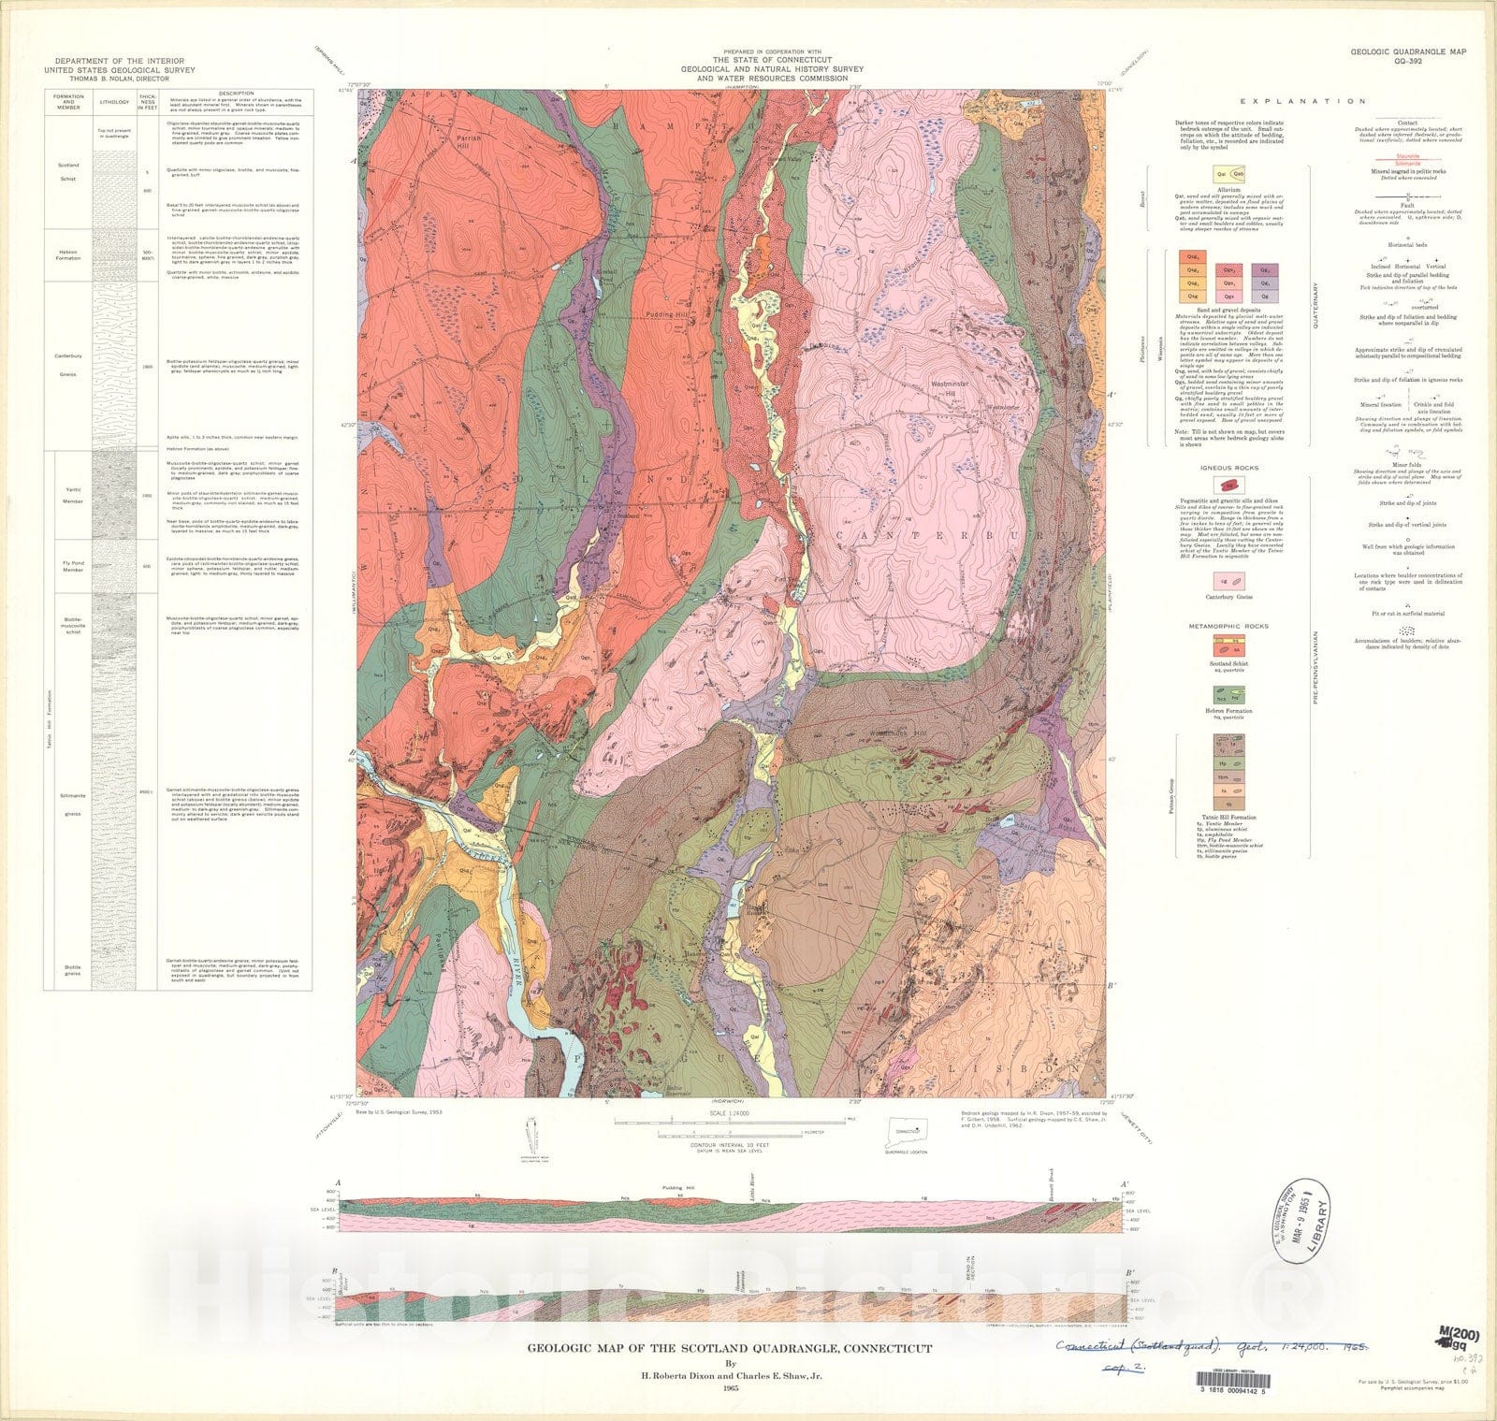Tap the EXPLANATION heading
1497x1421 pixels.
(x=1302, y=101)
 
